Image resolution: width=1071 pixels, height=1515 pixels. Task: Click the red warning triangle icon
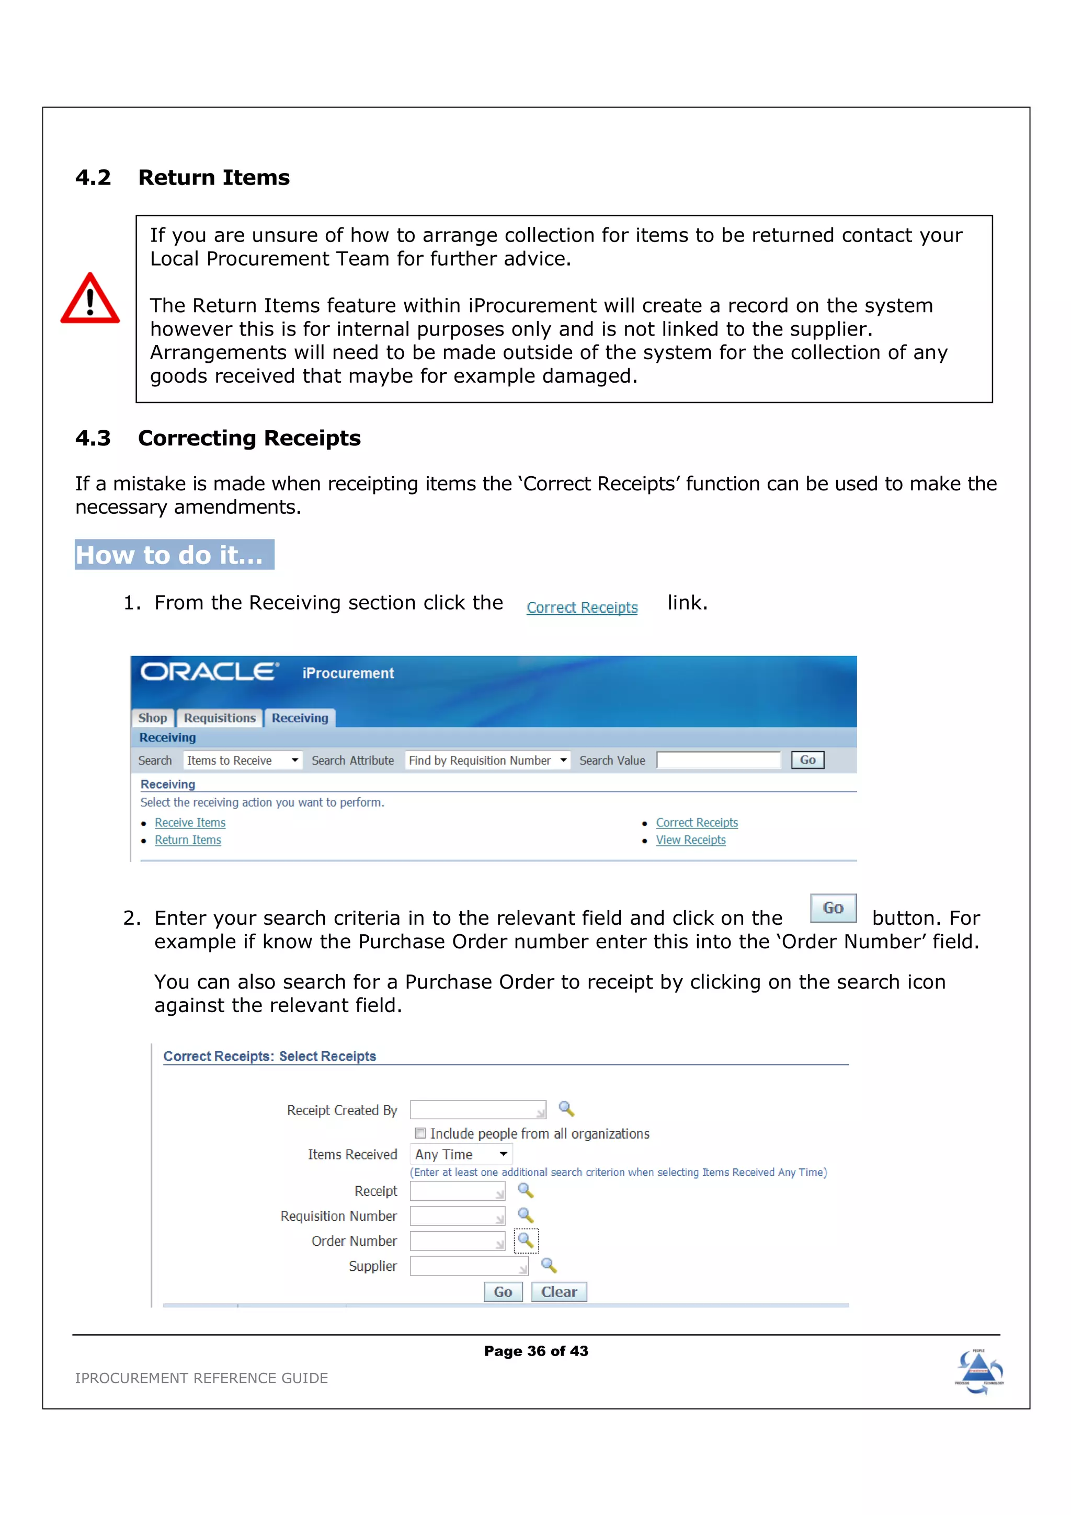coord(90,300)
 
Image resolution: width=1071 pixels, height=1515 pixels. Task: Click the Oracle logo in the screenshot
coord(209,672)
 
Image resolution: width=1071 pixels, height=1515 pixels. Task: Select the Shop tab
coord(152,718)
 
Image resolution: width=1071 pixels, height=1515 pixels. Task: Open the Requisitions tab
coord(219,718)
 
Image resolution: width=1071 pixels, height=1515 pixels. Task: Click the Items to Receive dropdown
coord(242,760)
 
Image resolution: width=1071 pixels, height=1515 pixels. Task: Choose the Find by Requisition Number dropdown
coord(487,760)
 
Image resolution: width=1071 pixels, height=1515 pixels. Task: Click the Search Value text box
coord(718,760)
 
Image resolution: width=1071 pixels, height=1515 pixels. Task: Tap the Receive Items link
coord(190,823)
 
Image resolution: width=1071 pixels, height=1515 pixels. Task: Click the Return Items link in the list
coord(188,840)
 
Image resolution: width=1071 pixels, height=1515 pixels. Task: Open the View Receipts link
coord(690,840)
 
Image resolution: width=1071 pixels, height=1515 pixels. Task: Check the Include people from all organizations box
coord(420,1133)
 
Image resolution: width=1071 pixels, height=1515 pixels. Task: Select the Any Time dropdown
coord(461,1154)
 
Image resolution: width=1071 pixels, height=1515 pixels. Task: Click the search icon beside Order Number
coord(526,1241)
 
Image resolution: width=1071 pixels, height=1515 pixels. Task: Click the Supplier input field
coord(468,1266)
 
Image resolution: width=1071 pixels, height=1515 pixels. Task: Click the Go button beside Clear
coord(503,1291)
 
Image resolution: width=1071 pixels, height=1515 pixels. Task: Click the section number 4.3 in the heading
coord(93,438)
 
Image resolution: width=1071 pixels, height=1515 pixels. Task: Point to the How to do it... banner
coord(174,555)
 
